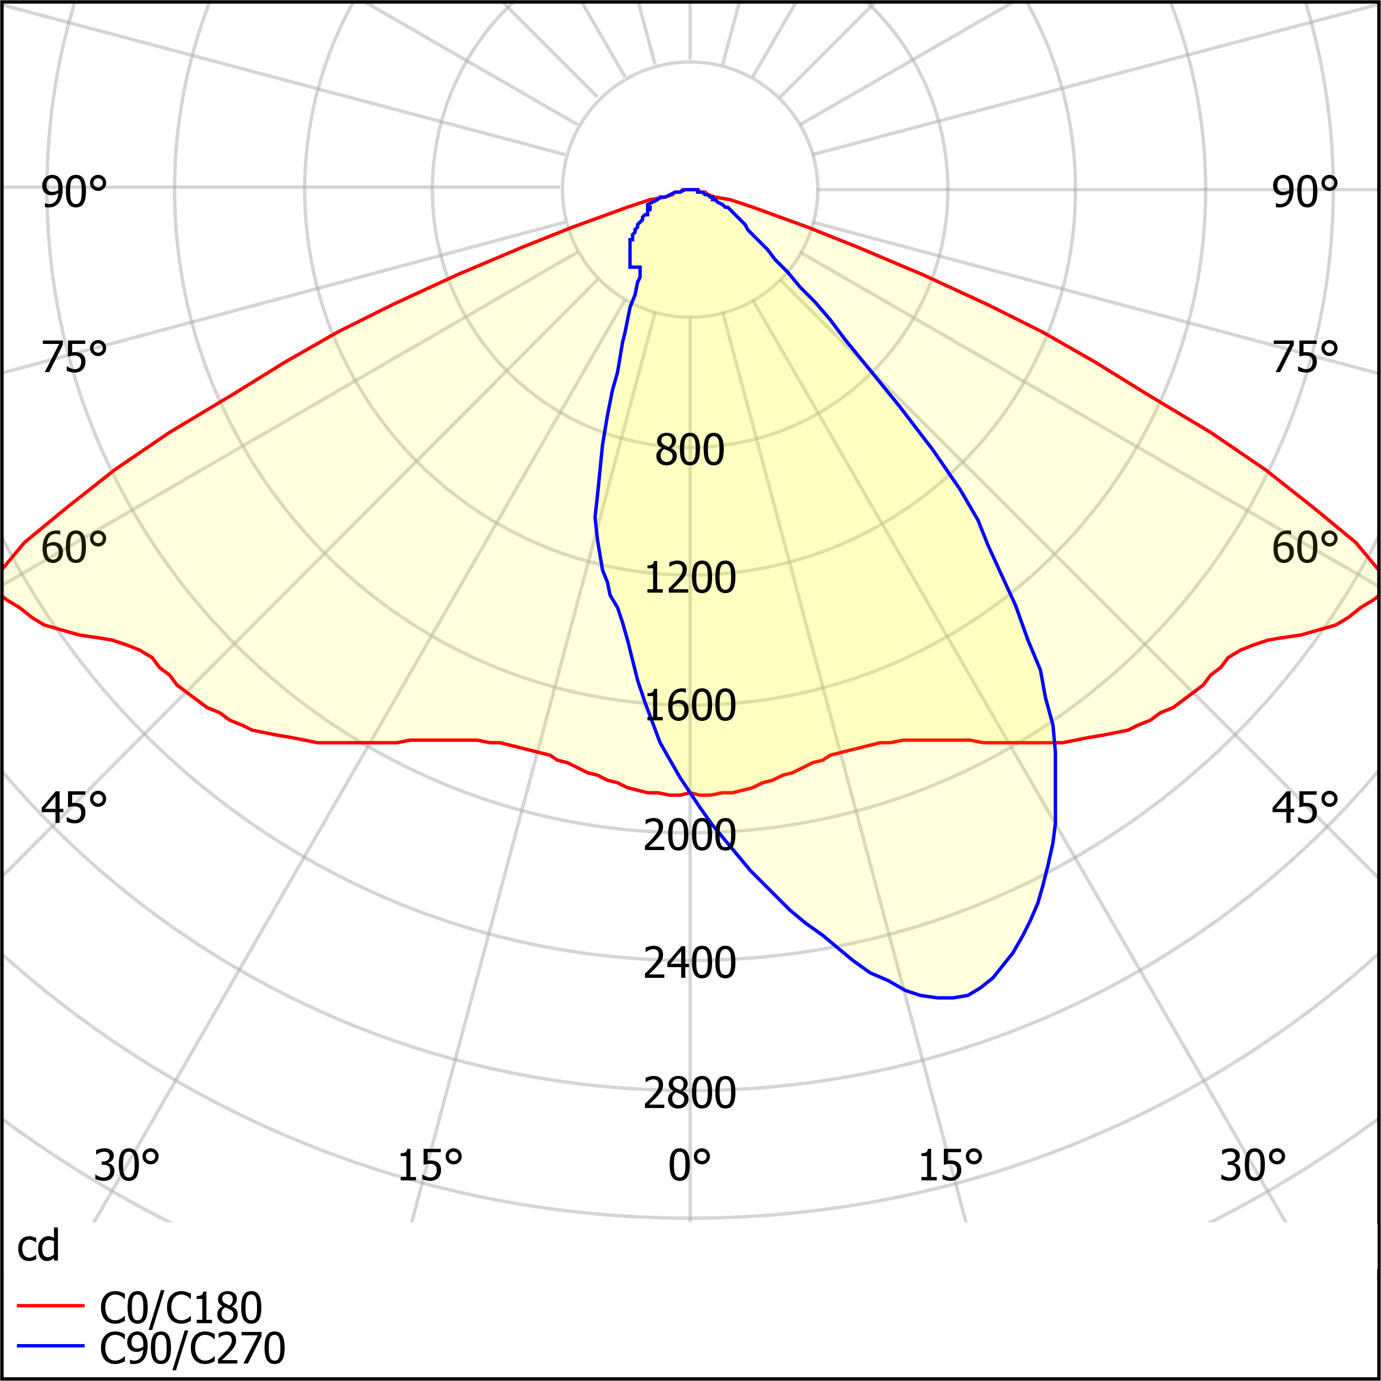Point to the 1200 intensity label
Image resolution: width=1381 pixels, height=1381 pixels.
click(690, 578)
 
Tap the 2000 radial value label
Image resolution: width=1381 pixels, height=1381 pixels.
click(690, 835)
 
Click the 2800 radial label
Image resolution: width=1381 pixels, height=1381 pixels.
click(690, 1093)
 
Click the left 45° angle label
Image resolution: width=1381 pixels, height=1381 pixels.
click(74, 808)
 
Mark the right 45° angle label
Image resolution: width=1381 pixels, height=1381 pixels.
click(1305, 808)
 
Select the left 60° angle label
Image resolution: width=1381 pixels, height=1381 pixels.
click(74, 548)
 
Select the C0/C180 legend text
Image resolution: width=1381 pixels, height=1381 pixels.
click(181, 1309)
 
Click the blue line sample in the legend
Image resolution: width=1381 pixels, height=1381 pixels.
click(51, 1346)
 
